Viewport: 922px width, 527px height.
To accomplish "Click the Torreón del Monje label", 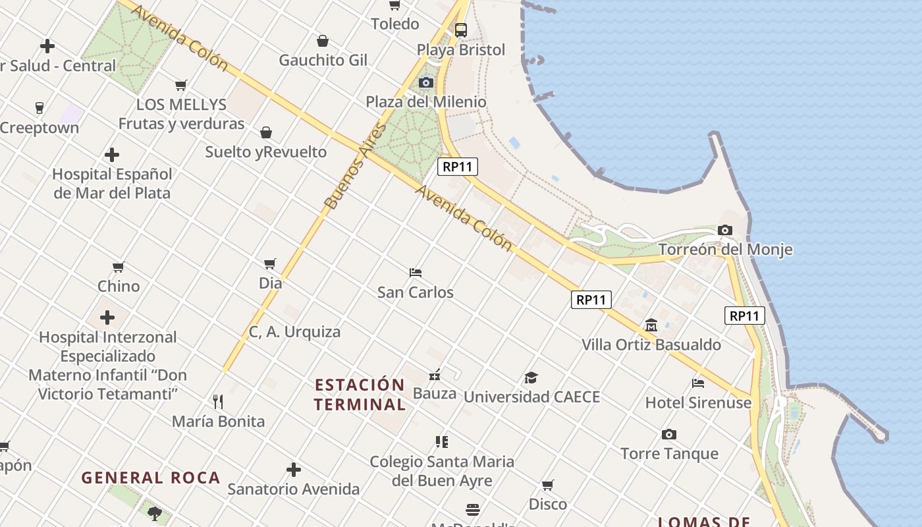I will [725, 250].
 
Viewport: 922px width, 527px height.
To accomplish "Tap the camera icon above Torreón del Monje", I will [725, 230].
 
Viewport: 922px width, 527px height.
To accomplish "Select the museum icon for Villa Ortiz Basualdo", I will [651, 325].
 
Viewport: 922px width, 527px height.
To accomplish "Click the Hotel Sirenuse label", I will [698, 402].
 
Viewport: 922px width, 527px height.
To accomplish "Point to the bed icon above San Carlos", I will [416, 272].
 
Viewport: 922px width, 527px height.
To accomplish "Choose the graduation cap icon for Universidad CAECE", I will [531, 377].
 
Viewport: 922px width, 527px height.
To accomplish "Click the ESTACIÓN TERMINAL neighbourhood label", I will [359, 394].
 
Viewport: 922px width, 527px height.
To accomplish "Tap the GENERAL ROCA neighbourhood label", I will [151, 478].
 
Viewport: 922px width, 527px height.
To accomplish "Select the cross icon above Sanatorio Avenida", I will [294, 470].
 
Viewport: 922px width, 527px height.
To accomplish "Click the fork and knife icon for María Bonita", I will [218, 401].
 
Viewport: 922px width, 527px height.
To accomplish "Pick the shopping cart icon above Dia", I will [270, 263].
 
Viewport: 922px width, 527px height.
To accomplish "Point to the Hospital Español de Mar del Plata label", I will [112, 184].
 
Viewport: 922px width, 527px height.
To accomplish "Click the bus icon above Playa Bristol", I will [461, 30].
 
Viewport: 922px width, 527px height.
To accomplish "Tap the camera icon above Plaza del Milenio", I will [426, 82].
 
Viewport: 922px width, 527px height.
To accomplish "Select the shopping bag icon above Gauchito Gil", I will [323, 41].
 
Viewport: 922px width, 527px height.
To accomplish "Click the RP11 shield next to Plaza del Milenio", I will [458, 167].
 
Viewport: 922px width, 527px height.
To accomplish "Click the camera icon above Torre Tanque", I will [669, 434].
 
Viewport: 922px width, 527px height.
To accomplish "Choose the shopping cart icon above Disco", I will [547, 485].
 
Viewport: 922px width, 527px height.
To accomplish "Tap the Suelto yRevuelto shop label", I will [265, 152].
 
